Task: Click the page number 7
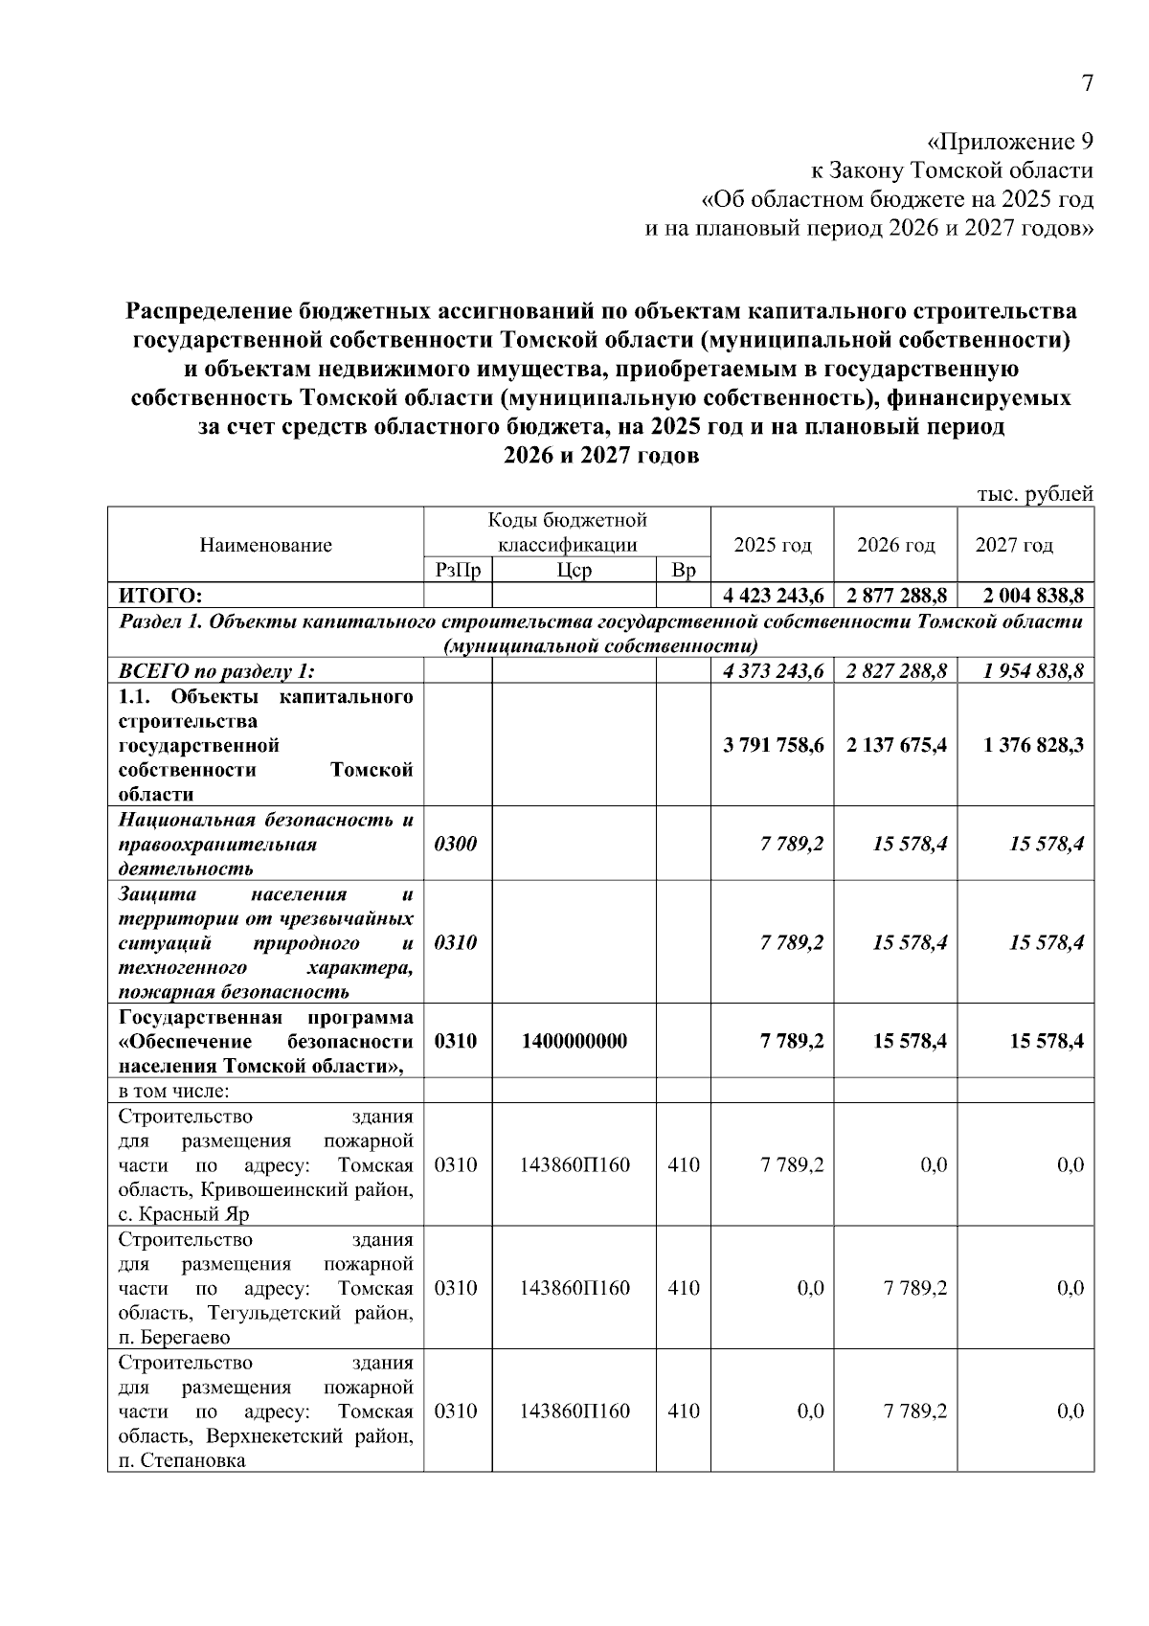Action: coord(1087,84)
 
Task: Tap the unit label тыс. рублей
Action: coord(1034,494)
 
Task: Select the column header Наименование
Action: coord(265,545)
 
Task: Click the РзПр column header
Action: coord(457,571)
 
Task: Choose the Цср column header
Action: coord(573,571)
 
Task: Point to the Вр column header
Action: coord(683,571)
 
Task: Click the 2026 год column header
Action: coord(895,545)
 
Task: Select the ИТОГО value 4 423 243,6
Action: coord(774,597)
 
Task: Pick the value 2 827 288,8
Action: coord(897,671)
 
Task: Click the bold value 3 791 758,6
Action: coord(774,744)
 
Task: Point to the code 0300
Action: coord(455,844)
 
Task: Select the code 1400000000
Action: coord(574,1041)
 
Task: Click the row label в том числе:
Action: coord(173,1091)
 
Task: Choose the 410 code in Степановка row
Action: coord(683,1411)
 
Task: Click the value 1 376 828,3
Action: coord(1033,744)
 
